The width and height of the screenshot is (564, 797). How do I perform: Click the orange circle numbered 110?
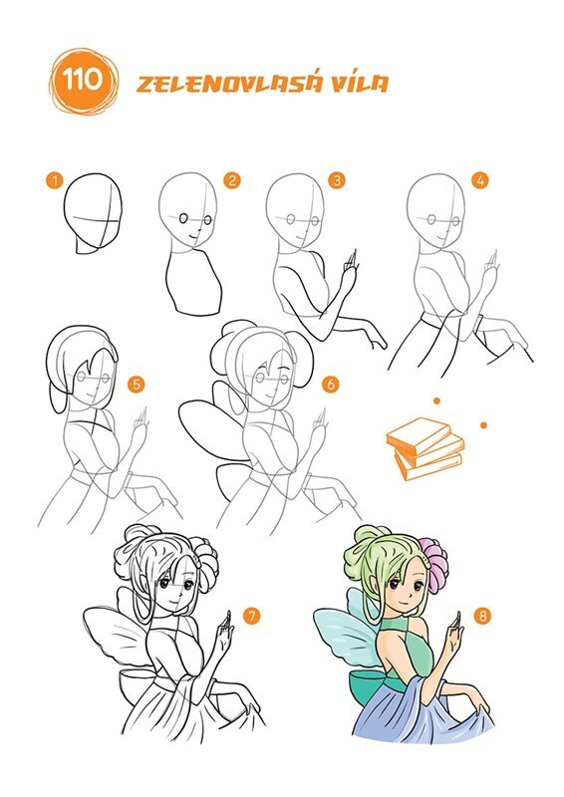pyautogui.click(x=83, y=82)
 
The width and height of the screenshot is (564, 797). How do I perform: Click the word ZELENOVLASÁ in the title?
pyautogui.click(x=229, y=83)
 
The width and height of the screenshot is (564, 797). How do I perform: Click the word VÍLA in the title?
pyautogui.click(x=361, y=83)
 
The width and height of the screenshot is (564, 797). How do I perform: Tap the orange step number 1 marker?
pyautogui.click(x=54, y=180)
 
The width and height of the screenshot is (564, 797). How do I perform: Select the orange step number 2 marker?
pyautogui.click(x=231, y=180)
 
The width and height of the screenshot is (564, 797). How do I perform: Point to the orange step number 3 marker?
pyautogui.click(x=337, y=180)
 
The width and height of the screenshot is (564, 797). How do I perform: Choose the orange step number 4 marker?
pyautogui.click(x=479, y=180)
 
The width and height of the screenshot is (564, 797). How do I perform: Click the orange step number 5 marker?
pyautogui.click(x=136, y=385)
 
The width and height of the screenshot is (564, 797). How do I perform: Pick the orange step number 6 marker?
pyautogui.click(x=331, y=385)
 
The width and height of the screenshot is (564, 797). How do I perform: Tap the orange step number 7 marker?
pyautogui.click(x=251, y=616)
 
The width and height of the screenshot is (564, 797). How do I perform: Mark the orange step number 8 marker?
pyautogui.click(x=482, y=616)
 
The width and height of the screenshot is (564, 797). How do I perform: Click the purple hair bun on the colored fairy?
pyautogui.click(x=433, y=565)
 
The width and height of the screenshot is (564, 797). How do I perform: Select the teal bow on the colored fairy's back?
pyautogui.click(x=369, y=684)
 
